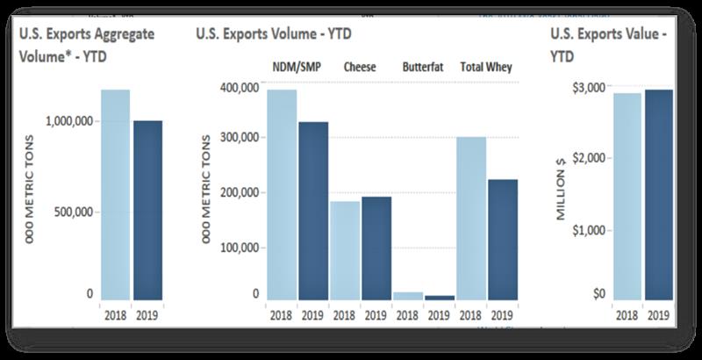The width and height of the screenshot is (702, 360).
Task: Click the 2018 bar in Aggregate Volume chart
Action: (115, 194)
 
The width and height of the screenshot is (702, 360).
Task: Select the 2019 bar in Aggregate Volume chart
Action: (147, 210)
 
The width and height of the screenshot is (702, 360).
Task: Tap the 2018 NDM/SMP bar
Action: (282, 194)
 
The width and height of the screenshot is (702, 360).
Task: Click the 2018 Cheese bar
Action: (345, 250)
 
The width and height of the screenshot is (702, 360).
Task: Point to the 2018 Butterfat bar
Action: (408, 296)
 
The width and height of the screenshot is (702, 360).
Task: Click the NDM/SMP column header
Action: (296, 68)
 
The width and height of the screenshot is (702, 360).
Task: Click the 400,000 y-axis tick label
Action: (238, 87)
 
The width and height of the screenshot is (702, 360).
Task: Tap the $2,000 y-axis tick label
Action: (590, 158)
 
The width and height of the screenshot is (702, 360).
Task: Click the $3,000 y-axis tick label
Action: (590, 87)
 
